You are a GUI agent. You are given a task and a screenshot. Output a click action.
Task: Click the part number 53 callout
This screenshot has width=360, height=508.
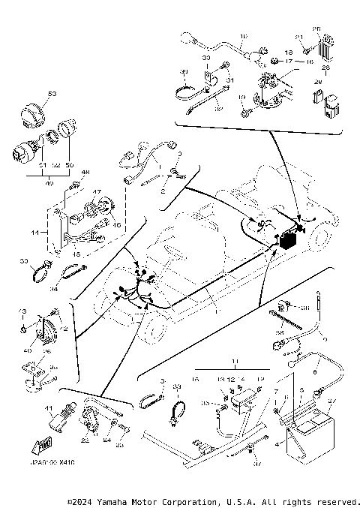pyautogui.click(x=52, y=93)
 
